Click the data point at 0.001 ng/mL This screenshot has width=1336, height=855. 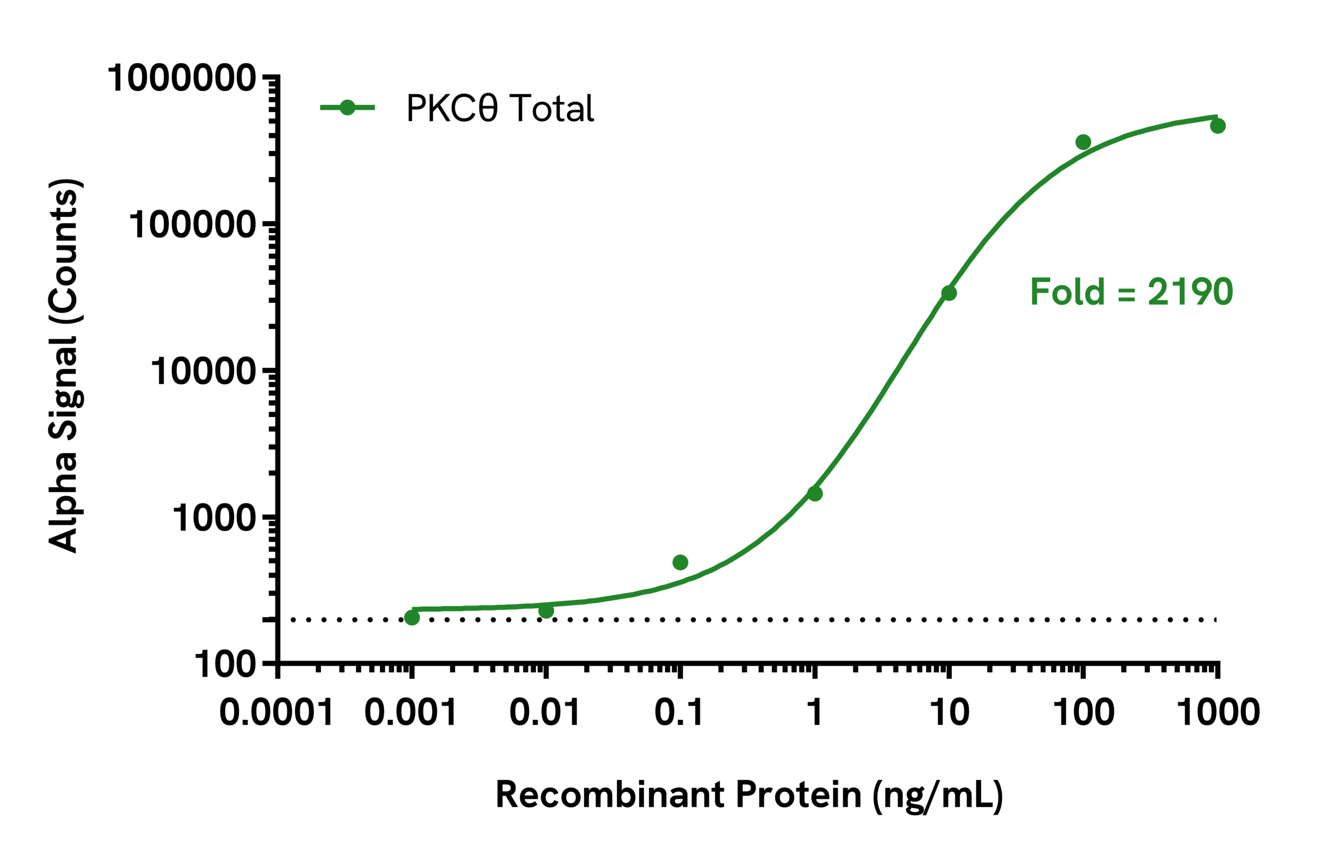pos(412,617)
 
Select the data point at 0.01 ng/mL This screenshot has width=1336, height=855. pos(546,611)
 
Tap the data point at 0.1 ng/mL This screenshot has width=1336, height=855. pos(680,563)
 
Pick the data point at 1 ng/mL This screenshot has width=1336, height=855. pos(815,494)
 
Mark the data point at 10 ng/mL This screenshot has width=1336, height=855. pos(949,293)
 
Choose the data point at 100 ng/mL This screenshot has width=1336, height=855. pos(1083,142)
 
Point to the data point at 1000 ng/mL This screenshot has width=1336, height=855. pos(1217,126)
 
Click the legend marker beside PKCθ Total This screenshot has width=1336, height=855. pos(348,107)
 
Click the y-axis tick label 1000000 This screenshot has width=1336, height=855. pos(182,78)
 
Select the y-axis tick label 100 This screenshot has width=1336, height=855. pos(224,664)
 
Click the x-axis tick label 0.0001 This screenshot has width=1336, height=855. pos(276,712)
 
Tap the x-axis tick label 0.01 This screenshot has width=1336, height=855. pos(545,712)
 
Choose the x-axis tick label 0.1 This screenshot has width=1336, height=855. pos(679,712)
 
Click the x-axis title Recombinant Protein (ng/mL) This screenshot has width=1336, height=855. pos(749,795)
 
